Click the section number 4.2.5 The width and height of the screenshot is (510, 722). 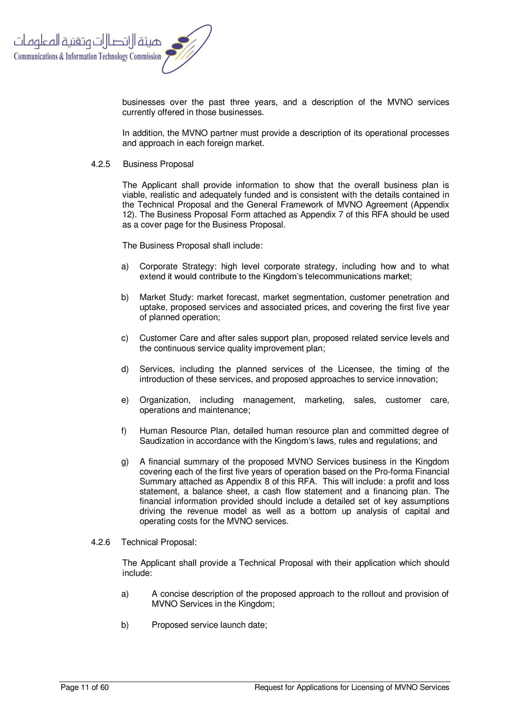click(x=100, y=164)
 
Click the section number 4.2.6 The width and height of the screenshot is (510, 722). click(x=100, y=542)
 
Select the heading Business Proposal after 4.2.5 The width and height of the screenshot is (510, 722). click(x=158, y=164)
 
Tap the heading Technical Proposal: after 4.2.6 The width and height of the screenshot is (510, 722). click(x=159, y=542)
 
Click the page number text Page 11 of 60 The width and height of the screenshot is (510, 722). click(x=85, y=688)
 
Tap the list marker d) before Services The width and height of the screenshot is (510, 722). click(x=125, y=369)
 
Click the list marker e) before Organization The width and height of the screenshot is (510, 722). click(x=125, y=400)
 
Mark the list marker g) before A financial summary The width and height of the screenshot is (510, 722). click(x=125, y=462)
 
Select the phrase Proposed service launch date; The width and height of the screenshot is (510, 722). click(x=209, y=625)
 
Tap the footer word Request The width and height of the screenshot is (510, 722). click(x=268, y=688)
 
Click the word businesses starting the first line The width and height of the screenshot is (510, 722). click(x=143, y=102)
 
